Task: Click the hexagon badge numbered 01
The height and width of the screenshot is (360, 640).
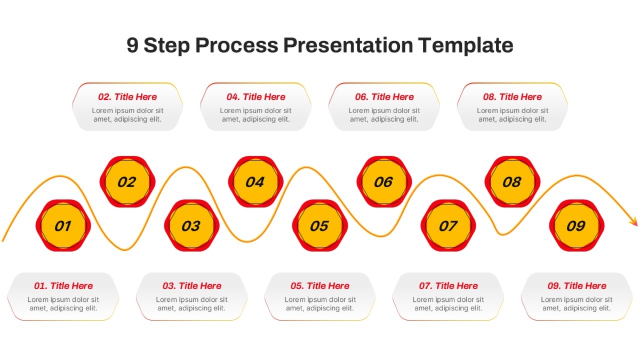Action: click(x=63, y=226)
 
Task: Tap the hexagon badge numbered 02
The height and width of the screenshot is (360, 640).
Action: click(x=127, y=182)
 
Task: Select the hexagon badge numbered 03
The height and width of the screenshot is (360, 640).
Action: click(x=191, y=226)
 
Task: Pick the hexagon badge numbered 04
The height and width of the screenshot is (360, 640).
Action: click(x=255, y=182)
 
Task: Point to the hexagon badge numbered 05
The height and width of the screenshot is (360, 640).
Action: click(x=320, y=226)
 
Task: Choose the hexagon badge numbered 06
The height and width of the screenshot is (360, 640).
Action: click(x=385, y=182)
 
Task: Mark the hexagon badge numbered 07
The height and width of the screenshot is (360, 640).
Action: click(x=449, y=226)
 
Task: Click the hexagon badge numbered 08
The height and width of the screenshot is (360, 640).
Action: click(x=513, y=182)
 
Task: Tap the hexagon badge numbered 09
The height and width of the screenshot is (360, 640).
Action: click(x=577, y=226)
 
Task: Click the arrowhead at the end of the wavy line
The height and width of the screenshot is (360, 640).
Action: click(x=634, y=222)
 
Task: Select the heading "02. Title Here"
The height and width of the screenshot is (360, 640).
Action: click(x=127, y=97)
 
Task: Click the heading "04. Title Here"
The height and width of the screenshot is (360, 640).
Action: click(x=255, y=97)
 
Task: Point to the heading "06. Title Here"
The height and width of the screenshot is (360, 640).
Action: click(x=385, y=97)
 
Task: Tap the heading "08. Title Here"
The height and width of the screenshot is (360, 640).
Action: click(x=513, y=97)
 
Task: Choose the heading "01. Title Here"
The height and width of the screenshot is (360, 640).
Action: click(x=63, y=286)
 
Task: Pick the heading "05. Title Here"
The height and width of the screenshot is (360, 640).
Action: click(x=320, y=286)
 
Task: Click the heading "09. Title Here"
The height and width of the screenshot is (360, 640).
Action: click(x=577, y=286)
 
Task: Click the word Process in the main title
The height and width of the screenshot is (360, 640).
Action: click(x=237, y=45)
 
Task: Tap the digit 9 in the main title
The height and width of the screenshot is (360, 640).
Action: click(x=133, y=45)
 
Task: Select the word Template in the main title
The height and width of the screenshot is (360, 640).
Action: click(x=466, y=46)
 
